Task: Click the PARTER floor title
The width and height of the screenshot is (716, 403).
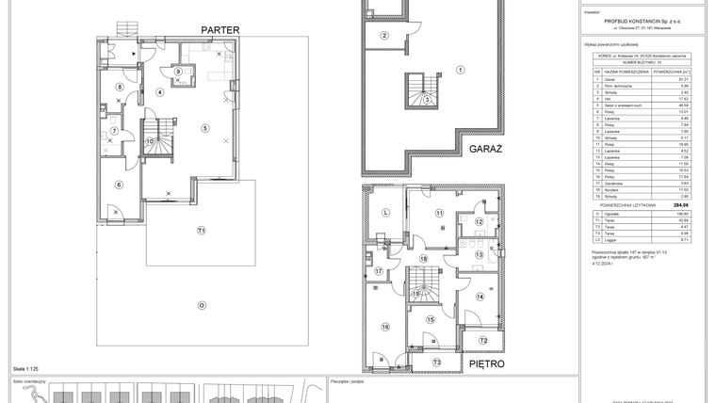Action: click(x=220, y=29)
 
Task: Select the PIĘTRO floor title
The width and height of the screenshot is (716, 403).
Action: click(x=486, y=363)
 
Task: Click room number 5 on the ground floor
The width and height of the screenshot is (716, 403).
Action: click(x=205, y=127)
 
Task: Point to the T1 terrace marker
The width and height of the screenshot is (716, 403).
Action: click(x=201, y=230)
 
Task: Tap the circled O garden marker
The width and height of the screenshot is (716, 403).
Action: click(x=201, y=304)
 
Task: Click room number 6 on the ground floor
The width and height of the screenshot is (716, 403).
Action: click(x=119, y=185)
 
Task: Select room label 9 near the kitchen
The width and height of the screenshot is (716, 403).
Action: click(x=177, y=72)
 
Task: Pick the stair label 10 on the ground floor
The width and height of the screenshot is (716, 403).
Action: click(x=149, y=142)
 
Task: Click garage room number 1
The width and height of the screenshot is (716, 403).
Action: click(x=460, y=70)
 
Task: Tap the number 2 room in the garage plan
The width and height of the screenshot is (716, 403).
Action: click(x=384, y=36)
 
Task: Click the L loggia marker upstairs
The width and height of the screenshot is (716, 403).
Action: click(x=385, y=213)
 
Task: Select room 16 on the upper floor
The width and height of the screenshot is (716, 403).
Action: click(x=384, y=327)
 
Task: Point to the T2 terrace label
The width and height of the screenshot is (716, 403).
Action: click(x=481, y=340)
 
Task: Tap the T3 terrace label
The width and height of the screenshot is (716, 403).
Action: click(x=436, y=362)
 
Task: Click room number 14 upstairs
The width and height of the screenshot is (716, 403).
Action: click(x=480, y=297)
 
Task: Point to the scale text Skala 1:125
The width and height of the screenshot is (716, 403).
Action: click(x=25, y=369)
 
